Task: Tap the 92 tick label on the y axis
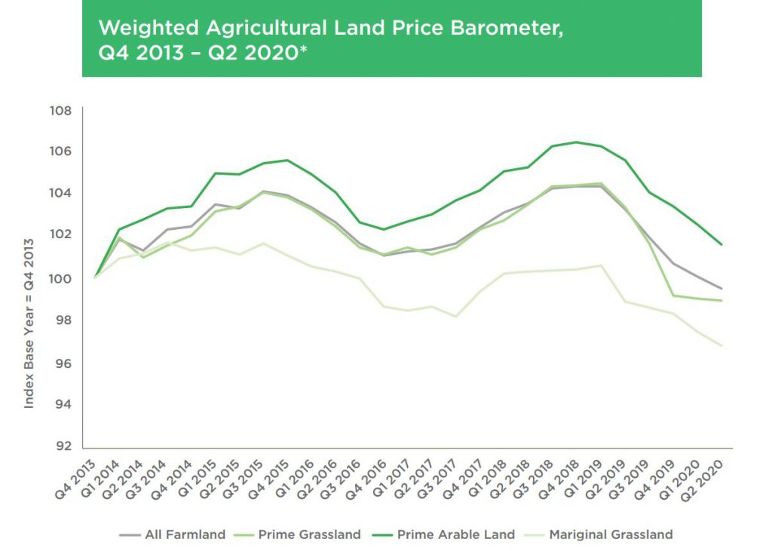coord(63,445)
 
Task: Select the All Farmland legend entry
coord(173,534)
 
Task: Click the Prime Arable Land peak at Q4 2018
coord(577,142)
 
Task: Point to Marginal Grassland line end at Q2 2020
coord(722,346)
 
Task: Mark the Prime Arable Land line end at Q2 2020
coord(722,244)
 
